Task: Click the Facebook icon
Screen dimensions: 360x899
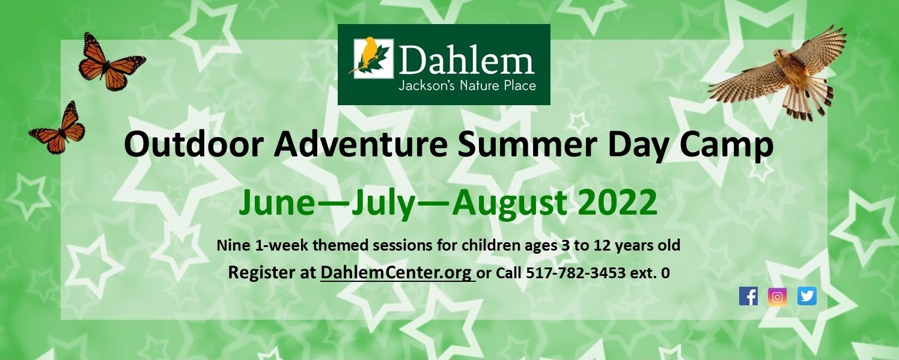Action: tap(748, 296)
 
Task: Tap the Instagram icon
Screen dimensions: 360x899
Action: tap(777, 296)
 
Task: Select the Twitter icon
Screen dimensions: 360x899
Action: tap(807, 296)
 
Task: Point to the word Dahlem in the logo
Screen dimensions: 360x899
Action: tap(466, 60)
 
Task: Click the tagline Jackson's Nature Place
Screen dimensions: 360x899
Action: tap(467, 86)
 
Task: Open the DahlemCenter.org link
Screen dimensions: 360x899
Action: tap(396, 273)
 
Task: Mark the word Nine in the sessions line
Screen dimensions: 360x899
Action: tap(231, 245)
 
